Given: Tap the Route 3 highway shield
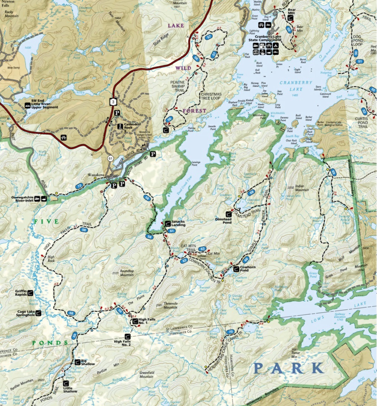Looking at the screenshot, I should point(112,101).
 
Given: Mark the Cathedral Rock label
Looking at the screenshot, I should point(133,126).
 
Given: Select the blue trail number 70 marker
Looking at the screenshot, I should point(230,332).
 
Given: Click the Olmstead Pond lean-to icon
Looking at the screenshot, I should point(228,214).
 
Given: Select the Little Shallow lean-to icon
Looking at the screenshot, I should point(66,383).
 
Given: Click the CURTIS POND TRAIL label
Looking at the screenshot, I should point(361,122).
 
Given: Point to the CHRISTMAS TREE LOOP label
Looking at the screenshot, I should point(211,97).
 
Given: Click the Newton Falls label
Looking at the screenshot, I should point(7,3).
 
